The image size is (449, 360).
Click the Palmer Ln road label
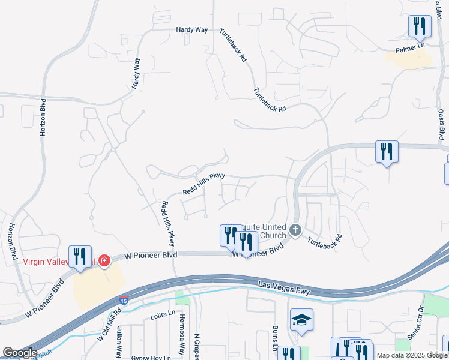click(x=409, y=46)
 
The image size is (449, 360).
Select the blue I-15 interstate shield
click(x=123, y=302)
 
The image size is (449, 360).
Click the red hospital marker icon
click(x=104, y=262)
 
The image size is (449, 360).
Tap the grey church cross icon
click(x=295, y=230)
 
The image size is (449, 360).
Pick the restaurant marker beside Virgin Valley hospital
click(x=80, y=256)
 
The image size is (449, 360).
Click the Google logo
click(x=20, y=353)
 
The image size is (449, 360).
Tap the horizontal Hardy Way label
click(x=191, y=29)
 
